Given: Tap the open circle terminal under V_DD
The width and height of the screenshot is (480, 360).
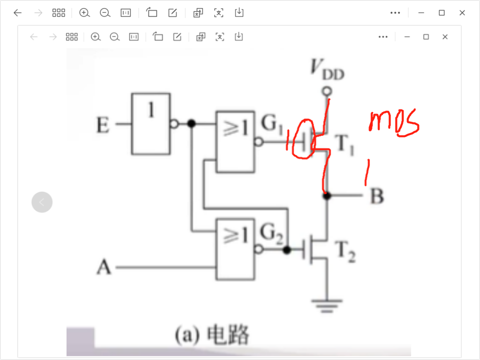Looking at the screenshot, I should (x=326, y=91).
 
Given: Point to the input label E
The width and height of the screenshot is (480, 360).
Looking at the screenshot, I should (x=102, y=125).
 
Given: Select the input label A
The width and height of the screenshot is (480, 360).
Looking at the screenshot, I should (x=103, y=267).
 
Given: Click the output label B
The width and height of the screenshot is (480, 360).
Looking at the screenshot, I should (x=376, y=196).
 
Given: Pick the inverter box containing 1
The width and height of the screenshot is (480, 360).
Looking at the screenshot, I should (x=150, y=123).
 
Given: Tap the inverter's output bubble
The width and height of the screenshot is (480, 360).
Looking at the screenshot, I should (x=173, y=123).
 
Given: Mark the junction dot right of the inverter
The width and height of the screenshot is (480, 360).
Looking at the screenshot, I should (x=191, y=123).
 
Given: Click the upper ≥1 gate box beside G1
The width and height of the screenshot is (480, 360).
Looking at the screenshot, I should (x=234, y=141).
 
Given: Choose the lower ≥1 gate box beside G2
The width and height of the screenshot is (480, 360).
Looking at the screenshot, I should (x=234, y=249).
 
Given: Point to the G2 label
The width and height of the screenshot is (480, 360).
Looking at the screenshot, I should (x=271, y=233).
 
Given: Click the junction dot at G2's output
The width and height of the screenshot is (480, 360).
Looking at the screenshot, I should (x=286, y=249).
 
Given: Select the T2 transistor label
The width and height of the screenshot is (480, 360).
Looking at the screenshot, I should (x=345, y=251).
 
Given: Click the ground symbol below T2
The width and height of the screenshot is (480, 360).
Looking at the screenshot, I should (x=327, y=303).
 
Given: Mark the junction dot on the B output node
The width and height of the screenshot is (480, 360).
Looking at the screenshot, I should (x=326, y=196).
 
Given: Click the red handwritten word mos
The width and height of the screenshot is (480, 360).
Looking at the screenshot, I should (x=393, y=123).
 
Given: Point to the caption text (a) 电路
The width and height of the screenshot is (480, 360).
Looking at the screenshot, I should (x=211, y=335).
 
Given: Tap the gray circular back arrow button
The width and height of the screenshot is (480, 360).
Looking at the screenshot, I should (x=42, y=202).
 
